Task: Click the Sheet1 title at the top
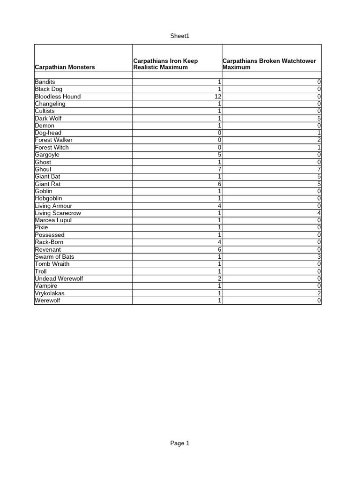tap(180, 36)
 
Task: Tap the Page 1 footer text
tap(180, 443)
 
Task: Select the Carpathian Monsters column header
tap(65, 67)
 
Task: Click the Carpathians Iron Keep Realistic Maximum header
tap(165, 64)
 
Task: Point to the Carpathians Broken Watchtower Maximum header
tap(269, 64)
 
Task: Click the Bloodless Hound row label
tap(58, 97)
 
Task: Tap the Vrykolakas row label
tap(50, 293)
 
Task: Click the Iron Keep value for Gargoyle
tap(219, 155)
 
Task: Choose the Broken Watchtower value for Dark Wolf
tap(319, 119)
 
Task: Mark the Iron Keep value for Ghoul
tap(219, 169)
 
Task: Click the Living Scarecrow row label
tap(58, 213)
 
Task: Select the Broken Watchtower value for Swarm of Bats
tap(319, 257)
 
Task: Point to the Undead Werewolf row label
tap(59, 279)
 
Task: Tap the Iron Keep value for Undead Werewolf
tap(219, 279)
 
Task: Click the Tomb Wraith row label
tap(52, 264)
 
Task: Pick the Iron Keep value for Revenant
tap(219, 249)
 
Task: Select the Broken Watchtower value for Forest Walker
tap(319, 140)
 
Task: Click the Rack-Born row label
tap(49, 242)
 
